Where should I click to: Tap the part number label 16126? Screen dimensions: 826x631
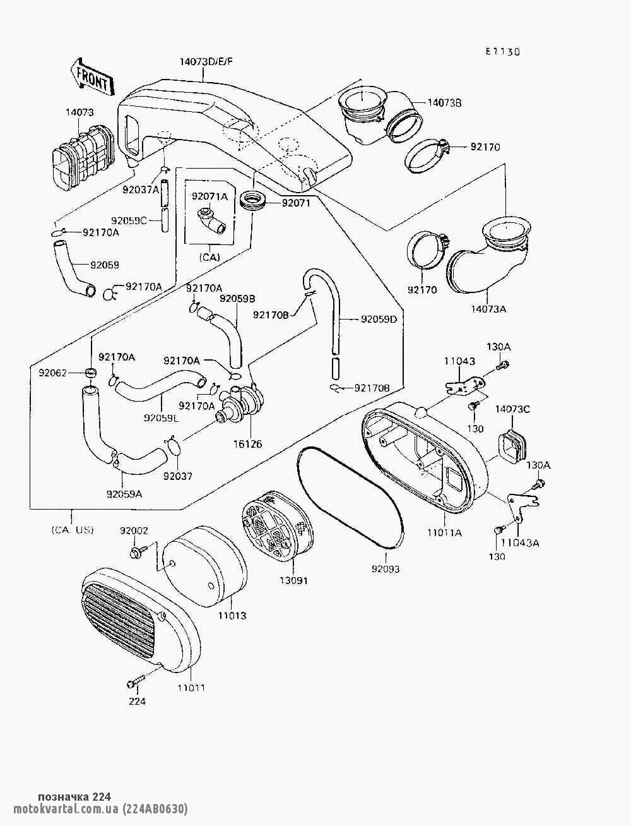click(247, 443)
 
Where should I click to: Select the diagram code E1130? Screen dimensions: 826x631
click(502, 52)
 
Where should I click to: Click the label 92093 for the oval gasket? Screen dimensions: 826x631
click(386, 568)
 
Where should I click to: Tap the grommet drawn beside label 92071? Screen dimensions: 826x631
click(254, 201)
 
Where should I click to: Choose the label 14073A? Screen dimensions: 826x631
click(488, 309)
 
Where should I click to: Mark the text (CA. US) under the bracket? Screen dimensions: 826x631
click(73, 530)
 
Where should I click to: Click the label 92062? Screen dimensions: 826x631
click(70, 372)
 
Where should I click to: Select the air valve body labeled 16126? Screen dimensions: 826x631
click(240, 403)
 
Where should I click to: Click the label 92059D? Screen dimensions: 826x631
click(379, 319)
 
